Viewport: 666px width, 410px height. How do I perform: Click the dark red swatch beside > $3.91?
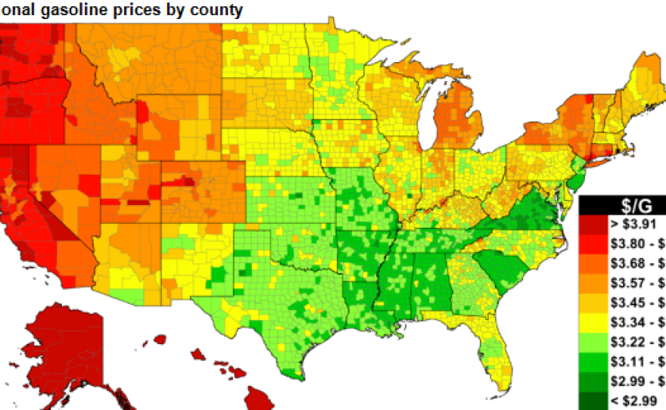pyautogui.click(x=593, y=225)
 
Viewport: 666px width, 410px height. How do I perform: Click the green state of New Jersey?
pyautogui.click(x=576, y=180)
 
